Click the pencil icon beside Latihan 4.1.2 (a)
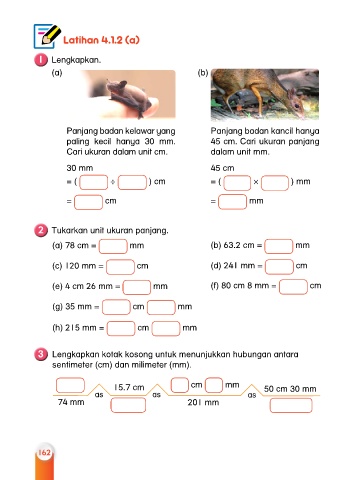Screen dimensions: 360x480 tap(47, 36)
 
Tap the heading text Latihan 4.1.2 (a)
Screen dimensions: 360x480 tap(101, 40)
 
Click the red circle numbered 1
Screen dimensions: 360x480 tap(41, 60)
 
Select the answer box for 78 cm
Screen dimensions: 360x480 tap(113, 246)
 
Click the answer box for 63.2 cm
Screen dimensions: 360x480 tap(279, 246)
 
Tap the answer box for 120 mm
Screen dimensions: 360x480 tap(120, 267)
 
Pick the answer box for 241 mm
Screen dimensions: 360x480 tap(279, 266)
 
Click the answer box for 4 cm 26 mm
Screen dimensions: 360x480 tap(137, 287)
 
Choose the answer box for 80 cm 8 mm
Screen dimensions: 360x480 tap(293, 287)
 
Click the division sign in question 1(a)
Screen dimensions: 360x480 tap(113, 182)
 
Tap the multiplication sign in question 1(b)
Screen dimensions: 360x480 tap(256, 182)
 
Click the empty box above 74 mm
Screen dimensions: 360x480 tap(70, 385)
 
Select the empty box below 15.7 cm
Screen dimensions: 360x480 tap(128, 405)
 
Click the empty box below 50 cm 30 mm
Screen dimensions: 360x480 tap(291, 405)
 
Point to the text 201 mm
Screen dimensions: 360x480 tap(203, 403)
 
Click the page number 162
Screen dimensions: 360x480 tap(44, 452)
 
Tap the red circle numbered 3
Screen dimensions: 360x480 tap(41, 354)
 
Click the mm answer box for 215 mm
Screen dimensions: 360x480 tap(166, 328)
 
